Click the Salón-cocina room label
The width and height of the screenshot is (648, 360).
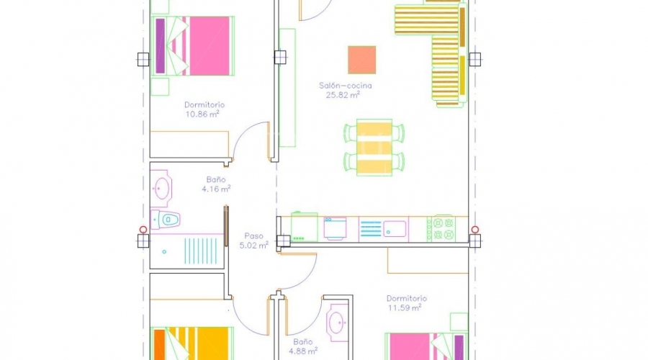tap(345, 86)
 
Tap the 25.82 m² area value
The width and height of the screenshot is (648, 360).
tap(343, 95)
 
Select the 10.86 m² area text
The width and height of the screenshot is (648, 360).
tap(202, 114)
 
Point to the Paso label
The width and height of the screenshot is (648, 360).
tap(253, 236)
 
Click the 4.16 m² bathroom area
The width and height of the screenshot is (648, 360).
tap(216, 189)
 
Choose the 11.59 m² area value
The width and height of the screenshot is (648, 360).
tap(405, 307)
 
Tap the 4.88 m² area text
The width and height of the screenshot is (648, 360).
tap(303, 351)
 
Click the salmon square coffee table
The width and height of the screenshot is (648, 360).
tap(362, 60)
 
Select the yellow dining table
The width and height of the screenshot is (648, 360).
tap(374, 148)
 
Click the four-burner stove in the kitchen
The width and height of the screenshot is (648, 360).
tap(441, 228)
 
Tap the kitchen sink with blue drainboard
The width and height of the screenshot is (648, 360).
tap(384, 229)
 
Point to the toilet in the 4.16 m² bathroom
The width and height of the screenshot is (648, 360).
tap(166, 219)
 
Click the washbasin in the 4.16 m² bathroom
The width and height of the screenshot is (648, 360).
tap(161, 189)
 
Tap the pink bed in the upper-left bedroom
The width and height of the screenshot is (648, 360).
tap(193, 46)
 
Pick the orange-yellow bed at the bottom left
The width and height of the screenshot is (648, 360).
tap(192, 343)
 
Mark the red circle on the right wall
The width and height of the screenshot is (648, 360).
tap(475, 230)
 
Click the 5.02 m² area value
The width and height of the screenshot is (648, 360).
tap(253, 246)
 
